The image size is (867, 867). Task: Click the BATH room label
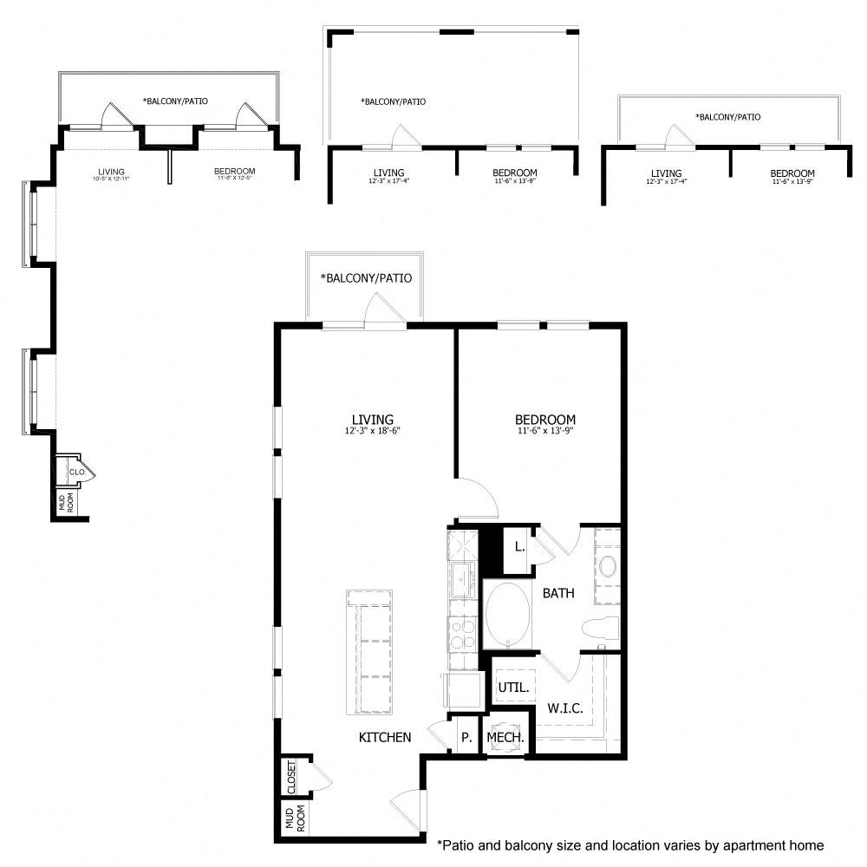pos(558,594)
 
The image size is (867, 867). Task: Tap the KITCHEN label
pos(385,738)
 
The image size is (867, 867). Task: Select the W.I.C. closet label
pos(564,708)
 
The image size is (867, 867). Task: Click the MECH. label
pos(505,738)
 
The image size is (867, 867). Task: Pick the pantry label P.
pos(466,738)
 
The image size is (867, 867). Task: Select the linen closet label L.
pos(518,547)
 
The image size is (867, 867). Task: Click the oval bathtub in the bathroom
pos(507,614)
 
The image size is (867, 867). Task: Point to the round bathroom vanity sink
pos(607,568)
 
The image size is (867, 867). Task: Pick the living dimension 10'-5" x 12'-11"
pos(111,179)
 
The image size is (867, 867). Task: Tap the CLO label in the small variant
pos(76,473)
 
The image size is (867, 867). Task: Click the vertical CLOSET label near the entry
pos(291,777)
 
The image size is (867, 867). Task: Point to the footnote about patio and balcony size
pos(629,844)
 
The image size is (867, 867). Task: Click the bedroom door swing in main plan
pos(479,499)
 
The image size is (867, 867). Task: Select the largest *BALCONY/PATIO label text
pos(365,278)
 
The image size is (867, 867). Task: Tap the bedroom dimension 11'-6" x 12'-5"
pos(234,179)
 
